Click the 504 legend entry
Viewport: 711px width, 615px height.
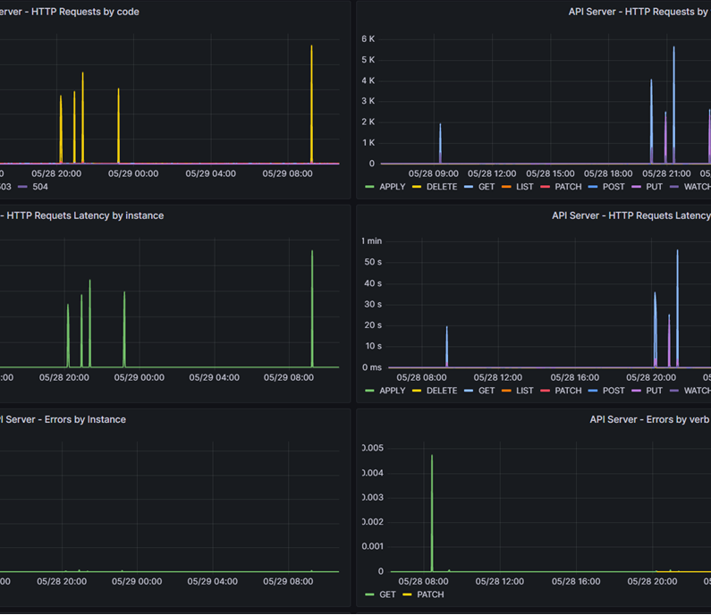[x=39, y=187]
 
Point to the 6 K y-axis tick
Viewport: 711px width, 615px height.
[x=368, y=39]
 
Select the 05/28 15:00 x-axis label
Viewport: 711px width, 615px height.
[x=551, y=173]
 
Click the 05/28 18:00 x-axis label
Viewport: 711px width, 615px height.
[x=609, y=173]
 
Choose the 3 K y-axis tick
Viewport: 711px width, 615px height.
[x=368, y=101]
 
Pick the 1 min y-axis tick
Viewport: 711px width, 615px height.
[x=371, y=241]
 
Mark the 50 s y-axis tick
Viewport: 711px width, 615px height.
[x=373, y=262]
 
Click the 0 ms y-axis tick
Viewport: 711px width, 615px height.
[x=371, y=367]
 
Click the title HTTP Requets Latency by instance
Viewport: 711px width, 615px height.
[x=85, y=215]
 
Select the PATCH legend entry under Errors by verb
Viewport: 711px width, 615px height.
[x=429, y=594]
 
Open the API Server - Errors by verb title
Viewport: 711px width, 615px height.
[x=649, y=419]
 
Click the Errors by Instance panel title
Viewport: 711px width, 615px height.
[x=67, y=419]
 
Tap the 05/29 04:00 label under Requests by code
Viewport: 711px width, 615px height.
[x=211, y=173]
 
